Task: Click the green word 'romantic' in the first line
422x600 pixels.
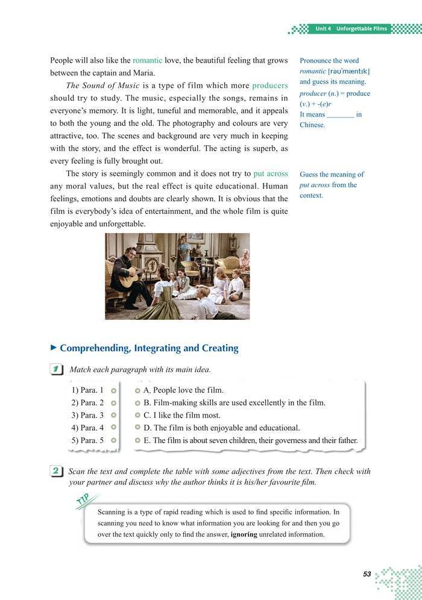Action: coord(147,61)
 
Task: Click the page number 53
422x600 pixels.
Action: coord(367,574)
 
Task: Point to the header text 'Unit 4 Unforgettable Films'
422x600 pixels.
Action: coord(352,29)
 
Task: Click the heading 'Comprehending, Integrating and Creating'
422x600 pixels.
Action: coord(149,348)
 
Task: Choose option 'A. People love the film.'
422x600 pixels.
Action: coord(184,390)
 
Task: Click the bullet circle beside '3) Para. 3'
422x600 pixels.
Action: coord(114,415)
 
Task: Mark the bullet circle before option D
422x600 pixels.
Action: coord(137,428)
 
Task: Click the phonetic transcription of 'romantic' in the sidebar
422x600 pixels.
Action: coord(348,71)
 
